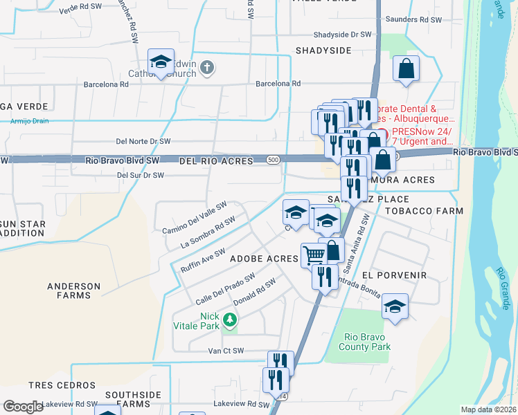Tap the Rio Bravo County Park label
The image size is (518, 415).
[367, 342]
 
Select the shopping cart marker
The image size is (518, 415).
[314, 255]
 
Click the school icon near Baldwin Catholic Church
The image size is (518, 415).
[161, 62]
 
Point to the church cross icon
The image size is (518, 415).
[207, 67]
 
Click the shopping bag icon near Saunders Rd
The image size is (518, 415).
[407, 69]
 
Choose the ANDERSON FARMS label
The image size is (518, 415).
[73, 291]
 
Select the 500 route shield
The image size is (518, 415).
[274, 160]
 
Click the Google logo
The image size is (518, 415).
[23, 407]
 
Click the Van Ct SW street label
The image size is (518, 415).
[226, 351]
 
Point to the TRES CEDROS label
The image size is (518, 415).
[62, 385]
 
